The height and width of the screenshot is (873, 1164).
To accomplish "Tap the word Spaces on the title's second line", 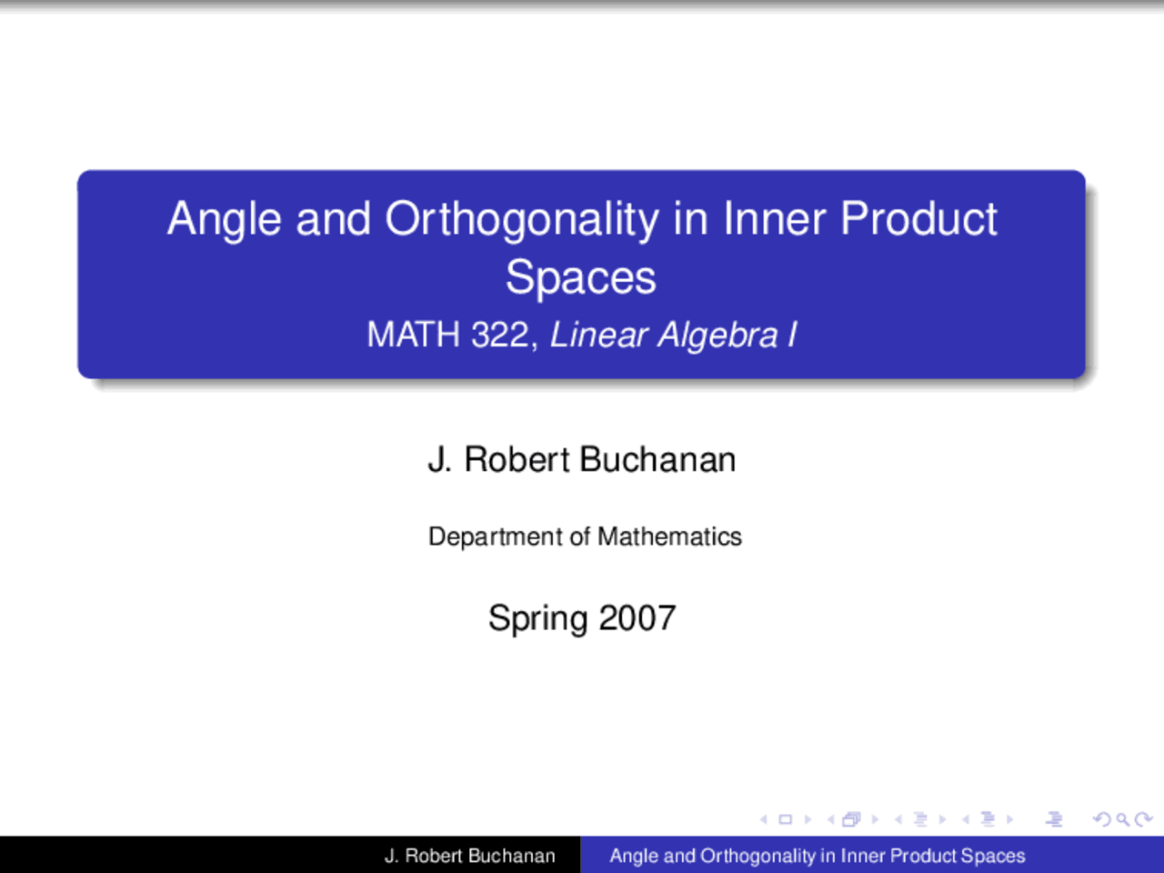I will pyautogui.click(x=581, y=277).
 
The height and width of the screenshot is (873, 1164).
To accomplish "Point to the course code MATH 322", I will pyautogui.click(x=447, y=335).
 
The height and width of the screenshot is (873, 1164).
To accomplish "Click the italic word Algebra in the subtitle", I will pyautogui.click(x=718, y=335).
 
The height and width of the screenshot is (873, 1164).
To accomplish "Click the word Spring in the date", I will pyautogui.click(x=537, y=618).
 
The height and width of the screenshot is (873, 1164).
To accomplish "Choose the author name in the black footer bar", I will pyautogui.click(x=469, y=856).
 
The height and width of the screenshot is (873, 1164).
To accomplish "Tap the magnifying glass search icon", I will pyautogui.click(x=1123, y=819).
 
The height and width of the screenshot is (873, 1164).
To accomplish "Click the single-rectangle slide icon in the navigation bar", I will pyautogui.click(x=786, y=819).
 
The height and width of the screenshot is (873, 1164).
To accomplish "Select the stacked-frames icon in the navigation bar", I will pyautogui.click(x=851, y=819).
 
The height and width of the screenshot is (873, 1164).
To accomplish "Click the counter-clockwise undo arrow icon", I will pyautogui.click(x=1102, y=819).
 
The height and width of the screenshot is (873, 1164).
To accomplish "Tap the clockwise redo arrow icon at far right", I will pyautogui.click(x=1144, y=819).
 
